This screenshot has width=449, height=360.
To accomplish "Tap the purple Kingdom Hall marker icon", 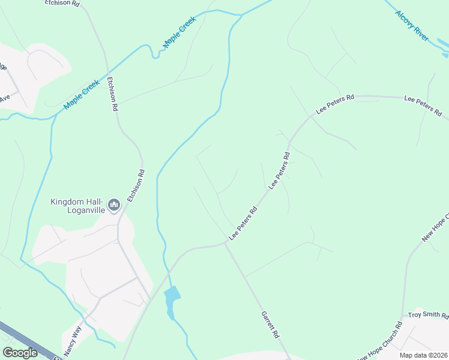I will point(114,206).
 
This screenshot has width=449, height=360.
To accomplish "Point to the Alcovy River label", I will point(412,26).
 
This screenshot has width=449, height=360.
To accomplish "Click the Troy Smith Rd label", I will point(428,315).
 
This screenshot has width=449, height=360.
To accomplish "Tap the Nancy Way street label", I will point(72,340).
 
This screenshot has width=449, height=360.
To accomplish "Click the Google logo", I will point(20,353).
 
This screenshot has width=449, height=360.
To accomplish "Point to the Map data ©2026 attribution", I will point(424,355).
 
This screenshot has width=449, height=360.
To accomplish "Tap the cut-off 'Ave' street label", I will point(5,97).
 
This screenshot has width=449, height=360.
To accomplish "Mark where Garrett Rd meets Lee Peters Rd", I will point(226,243).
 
